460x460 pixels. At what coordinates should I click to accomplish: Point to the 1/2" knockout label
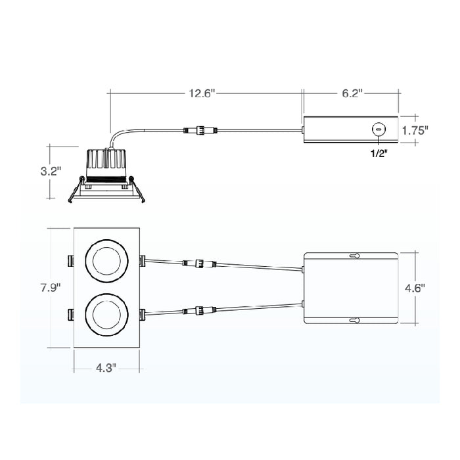(x=379, y=153)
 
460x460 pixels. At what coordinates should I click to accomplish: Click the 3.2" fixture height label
(x=51, y=172)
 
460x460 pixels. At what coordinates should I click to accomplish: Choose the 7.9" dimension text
(x=50, y=287)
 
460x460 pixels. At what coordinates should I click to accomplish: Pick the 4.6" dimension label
(x=415, y=287)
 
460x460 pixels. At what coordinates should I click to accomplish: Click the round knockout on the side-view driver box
(x=379, y=129)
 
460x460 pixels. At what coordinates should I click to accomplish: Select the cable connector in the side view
(x=200, y=130)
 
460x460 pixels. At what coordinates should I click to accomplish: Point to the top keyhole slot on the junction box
(x=354, y=255)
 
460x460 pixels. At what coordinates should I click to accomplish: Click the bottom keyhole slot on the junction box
(x=354, y=321)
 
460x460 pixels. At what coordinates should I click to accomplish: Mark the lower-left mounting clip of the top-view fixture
(x=70, y=313)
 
